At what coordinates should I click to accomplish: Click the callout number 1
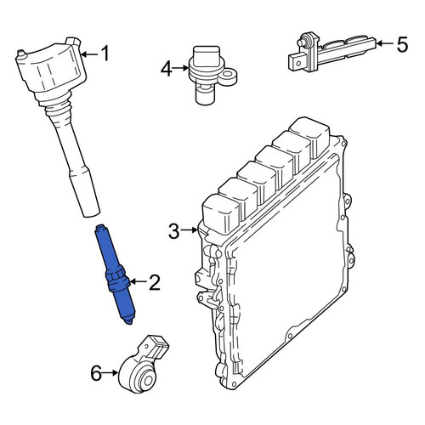pos(105,54)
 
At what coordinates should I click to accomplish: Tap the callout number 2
pos(155,282)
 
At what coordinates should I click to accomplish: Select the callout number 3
pos(174,231)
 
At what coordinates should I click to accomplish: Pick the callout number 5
pos(402,44)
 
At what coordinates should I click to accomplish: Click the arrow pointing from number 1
pos(89,54)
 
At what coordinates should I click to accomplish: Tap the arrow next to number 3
pos(190,230)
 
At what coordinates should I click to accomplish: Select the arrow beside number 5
pos(385,43)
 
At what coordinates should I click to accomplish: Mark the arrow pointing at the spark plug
pos(139,281)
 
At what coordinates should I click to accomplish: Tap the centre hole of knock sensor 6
pos(148,381)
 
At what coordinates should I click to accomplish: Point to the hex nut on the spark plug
pos(116,278)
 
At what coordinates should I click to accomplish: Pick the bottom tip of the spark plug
pos(129,322)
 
